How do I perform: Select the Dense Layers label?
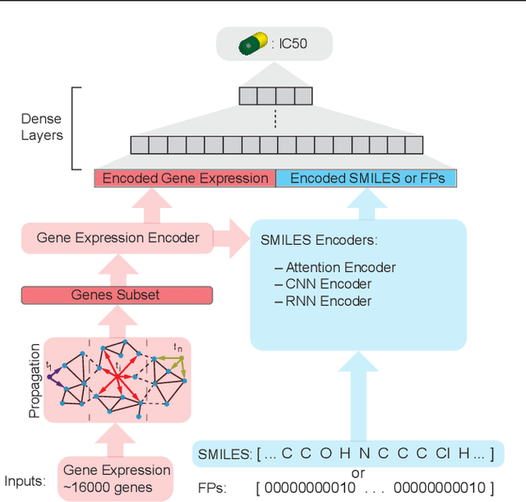(x=41, y=127)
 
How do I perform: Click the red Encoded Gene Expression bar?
(x=185, y=178)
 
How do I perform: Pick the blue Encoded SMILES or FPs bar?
(x=366, y=178)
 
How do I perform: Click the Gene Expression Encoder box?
(x=118, y=238)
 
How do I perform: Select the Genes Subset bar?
(x=116, y=295)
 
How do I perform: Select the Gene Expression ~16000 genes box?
(x=116, y=478)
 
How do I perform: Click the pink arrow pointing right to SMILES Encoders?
(x=232, y=238)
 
